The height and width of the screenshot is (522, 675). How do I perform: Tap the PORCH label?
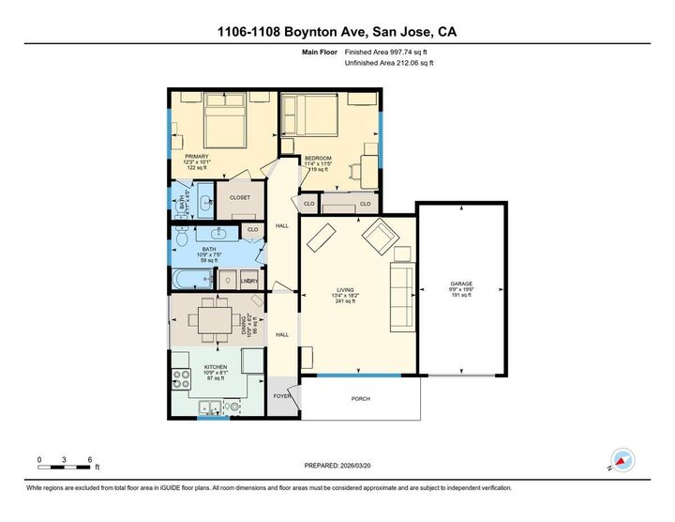tap(360, 399)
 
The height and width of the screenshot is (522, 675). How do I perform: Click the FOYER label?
tap(281, 396)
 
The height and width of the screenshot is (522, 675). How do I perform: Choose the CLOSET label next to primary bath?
tap(240, 198)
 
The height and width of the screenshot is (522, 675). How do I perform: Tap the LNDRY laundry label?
tap(249, 281)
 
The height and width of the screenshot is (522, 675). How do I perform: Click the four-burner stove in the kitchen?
tap(180, 379)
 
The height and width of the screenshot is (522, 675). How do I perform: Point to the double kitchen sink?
tap(212, 407)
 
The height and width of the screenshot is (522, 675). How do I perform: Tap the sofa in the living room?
tap(400, 297)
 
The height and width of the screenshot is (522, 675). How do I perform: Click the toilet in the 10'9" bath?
tap(229, 280)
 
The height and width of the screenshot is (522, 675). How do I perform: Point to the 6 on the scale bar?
tap(90, 460)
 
